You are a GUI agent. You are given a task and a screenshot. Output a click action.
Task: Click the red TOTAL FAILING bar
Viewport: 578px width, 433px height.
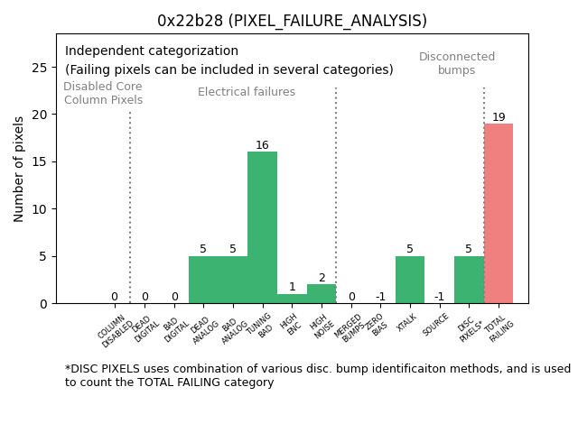(x=499, y=213)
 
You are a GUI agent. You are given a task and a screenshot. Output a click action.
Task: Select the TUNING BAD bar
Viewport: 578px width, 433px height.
(x=262, y=227)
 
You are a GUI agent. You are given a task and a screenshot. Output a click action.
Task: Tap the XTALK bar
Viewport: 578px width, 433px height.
(x=410, y=280)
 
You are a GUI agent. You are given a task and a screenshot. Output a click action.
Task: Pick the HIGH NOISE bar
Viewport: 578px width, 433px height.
(x=322, y=294)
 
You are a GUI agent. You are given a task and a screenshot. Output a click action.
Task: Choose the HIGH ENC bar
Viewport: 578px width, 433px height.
(x=292, y=299)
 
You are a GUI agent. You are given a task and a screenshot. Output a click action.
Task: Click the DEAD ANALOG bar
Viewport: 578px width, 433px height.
(x=203, y=280)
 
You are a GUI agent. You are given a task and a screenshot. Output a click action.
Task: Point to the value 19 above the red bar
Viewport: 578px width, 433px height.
(x=499, y=117)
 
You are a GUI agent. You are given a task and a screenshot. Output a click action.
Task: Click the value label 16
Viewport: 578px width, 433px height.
(x=262, y=145)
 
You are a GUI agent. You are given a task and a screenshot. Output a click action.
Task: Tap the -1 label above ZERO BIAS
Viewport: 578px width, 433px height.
(x=380, y=297)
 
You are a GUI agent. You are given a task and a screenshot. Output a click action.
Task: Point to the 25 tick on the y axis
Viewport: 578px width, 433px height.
(x=41, y=68)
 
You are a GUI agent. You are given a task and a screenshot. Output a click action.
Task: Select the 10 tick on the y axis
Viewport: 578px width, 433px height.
(x=41, y=209)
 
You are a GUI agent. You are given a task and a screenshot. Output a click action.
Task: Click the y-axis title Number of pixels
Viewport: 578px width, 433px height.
(x=19, y=169)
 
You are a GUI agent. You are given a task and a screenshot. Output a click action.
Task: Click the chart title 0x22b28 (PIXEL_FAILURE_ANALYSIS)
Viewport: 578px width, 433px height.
(x=292, y=21)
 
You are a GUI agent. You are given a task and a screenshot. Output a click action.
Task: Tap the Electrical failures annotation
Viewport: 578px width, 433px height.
(x=247, y=92)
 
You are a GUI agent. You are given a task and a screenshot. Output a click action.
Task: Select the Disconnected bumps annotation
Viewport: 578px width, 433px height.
(x=457, y=63)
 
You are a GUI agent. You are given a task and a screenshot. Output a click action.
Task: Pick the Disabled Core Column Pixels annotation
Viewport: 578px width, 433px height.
(x=103, y=93)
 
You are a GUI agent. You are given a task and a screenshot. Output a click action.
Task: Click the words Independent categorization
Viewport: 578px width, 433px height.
(x=152, y=51)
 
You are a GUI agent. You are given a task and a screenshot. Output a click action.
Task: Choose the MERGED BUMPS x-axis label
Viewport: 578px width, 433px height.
(x=350, y=330)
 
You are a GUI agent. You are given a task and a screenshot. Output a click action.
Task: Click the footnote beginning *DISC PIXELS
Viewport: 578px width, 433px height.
(x=317, y=375)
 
